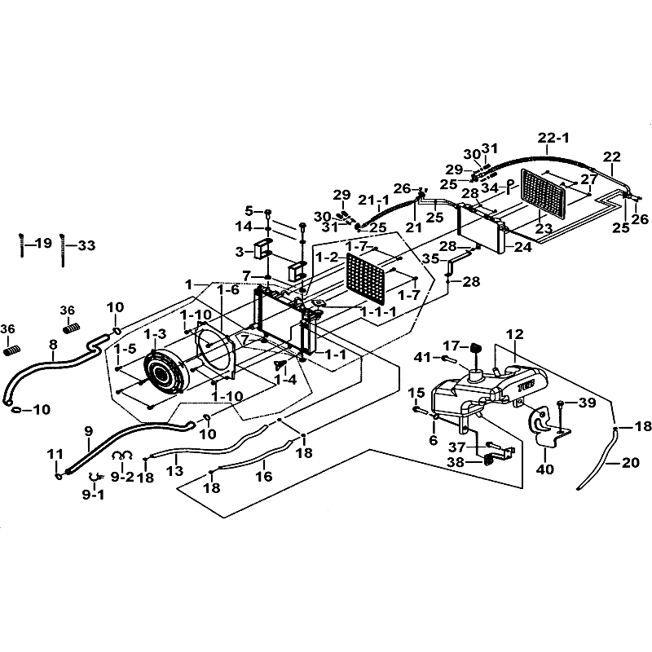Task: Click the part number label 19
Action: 42,242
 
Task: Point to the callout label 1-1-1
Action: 379,311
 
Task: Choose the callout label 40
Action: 545,469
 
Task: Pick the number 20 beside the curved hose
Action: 630,462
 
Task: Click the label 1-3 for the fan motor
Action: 155,333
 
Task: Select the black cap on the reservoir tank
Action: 476,353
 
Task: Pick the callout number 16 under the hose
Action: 263,477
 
